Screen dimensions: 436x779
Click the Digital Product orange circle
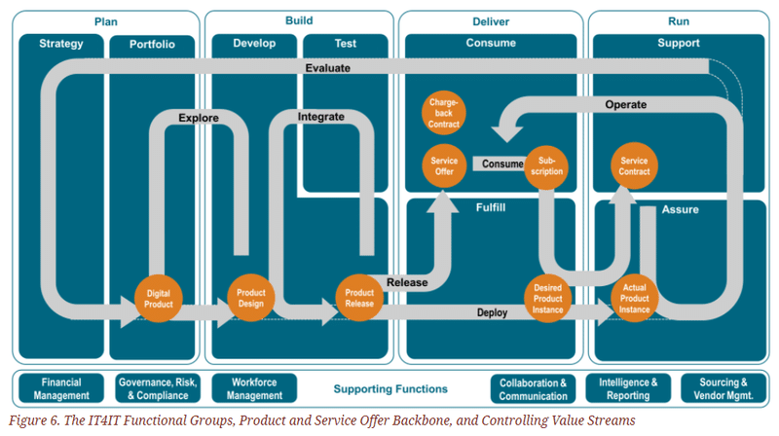coord(158,298)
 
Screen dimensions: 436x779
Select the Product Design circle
coord(251,298)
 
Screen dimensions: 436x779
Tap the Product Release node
coord(359,298)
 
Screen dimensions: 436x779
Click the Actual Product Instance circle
coord(634,298)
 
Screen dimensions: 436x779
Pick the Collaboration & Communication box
coord(533,388)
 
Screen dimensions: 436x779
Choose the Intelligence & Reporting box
coord(628,388)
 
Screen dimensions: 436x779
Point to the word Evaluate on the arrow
coord(327,68)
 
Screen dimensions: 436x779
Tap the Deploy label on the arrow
coord(492,312)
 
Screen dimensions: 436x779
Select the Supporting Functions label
coord(376,389)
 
